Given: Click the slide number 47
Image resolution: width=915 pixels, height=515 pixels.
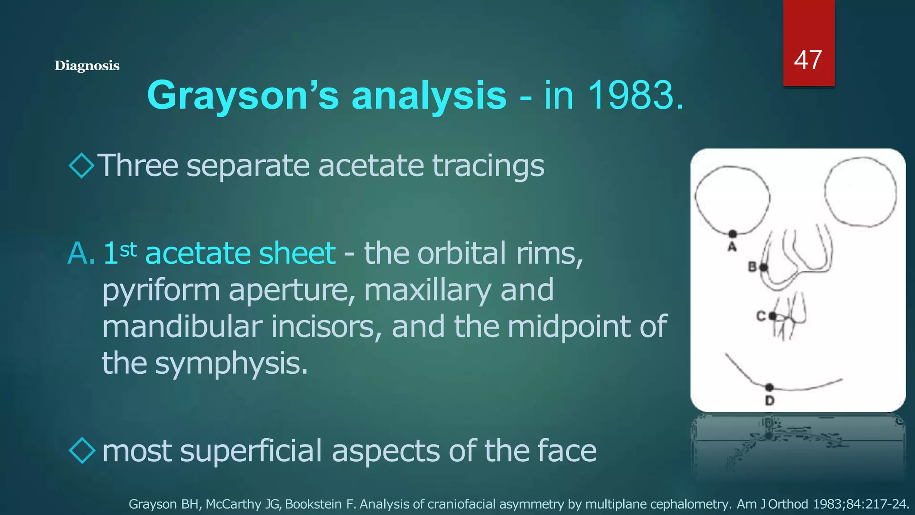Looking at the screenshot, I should (808, 60).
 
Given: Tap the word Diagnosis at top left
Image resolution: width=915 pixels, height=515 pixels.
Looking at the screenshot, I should (87, 66).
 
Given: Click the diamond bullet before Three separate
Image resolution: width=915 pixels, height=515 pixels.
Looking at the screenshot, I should (82, 165).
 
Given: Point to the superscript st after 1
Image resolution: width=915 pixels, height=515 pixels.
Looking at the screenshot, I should (128, 249).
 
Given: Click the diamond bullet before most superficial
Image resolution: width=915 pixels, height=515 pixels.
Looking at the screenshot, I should (83, 450).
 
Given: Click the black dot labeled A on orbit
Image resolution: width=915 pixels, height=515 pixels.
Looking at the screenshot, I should (733, 234).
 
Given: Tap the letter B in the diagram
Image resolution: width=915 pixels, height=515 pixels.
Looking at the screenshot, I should (752, 267).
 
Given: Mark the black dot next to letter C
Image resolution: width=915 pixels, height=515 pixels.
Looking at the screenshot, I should (772, 316).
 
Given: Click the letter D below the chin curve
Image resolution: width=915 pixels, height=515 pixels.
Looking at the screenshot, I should (769, 401).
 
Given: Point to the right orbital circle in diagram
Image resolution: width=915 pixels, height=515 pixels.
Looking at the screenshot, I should (860, 192).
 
